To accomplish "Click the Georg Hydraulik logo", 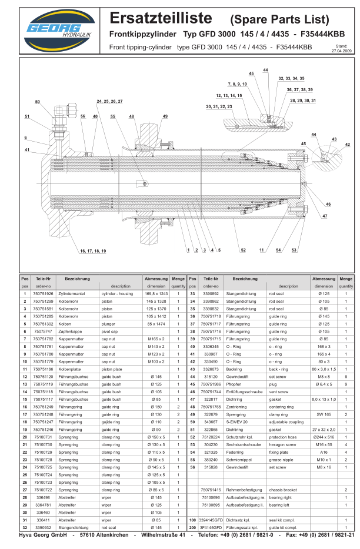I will [52, 30].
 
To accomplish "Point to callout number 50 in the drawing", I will [38, 102].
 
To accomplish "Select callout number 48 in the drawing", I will [132, 116].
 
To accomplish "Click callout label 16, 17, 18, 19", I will [93, 251].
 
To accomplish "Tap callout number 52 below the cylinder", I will [243, 250].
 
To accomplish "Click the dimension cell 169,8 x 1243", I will [156, 293].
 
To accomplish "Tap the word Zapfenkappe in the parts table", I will [69, 332].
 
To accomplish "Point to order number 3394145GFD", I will [211, 520].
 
